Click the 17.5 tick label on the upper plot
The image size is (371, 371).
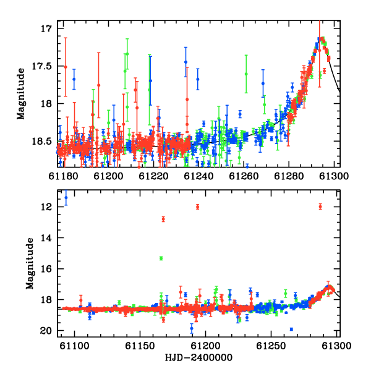41,66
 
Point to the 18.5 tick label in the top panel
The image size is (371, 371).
41,142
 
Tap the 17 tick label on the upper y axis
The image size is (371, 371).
46,28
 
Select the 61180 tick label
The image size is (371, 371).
63,176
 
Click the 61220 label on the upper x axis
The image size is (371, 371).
153,176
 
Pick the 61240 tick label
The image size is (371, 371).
198,176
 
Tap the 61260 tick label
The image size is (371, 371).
244,176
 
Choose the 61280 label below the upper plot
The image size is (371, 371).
289,176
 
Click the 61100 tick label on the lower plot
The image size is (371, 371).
75,346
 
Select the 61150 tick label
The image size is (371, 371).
140,346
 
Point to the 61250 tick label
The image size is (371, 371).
271,346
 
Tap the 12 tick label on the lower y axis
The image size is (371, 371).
46,207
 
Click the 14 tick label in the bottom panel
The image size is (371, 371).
46,238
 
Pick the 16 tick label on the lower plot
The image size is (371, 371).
46,269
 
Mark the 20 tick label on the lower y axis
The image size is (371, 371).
46,331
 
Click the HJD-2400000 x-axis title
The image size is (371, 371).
198,357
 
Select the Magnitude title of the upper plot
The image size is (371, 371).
21,94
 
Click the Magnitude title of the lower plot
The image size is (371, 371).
30,263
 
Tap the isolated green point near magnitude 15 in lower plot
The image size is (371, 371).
161,258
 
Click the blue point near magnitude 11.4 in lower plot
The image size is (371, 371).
66,198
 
